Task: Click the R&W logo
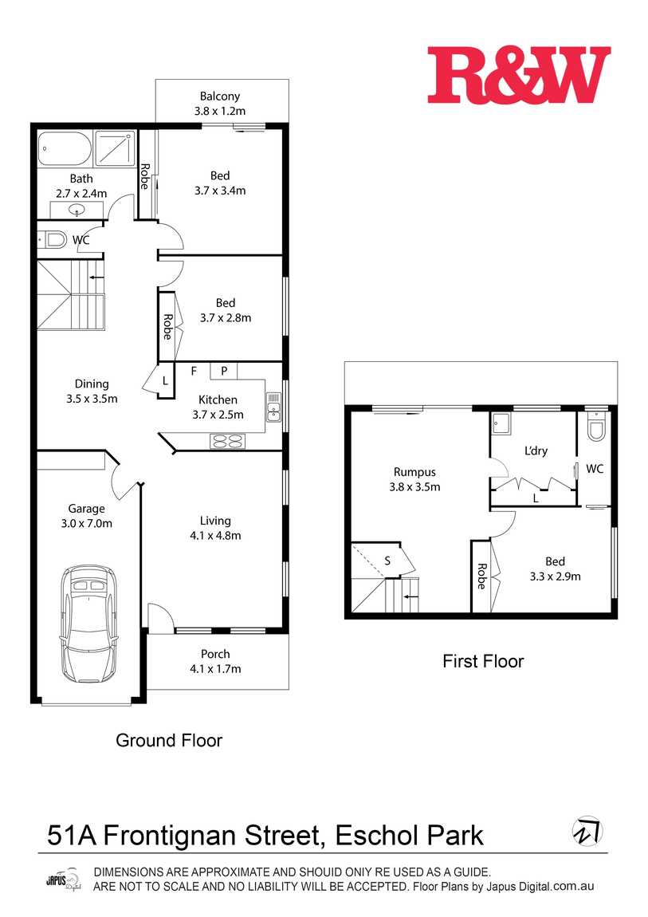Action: coord(518,75)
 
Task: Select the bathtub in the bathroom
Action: coord(65,148)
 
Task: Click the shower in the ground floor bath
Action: coord(116,148)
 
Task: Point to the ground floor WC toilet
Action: coord(54,238)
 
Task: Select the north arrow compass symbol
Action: coord(587,831)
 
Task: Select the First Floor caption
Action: coord(483,661)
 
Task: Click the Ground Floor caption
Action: coord(169,740)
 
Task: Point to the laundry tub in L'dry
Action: coord(503,423)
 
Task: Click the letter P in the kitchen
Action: coord(224,371)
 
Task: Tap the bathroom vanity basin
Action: coord(77,211)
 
